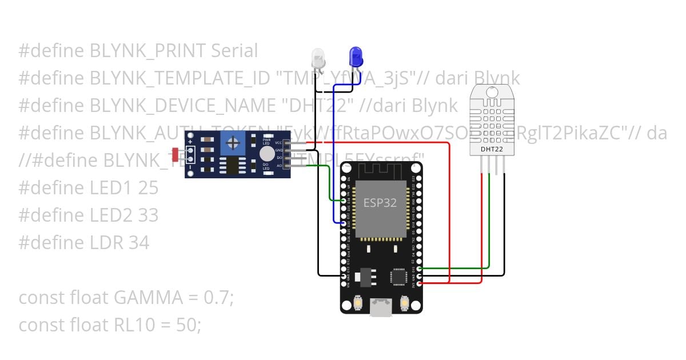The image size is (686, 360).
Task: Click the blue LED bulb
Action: click(356, 57)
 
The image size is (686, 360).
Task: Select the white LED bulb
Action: click(318, 58)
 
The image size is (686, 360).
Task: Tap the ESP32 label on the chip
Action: click(380, 203)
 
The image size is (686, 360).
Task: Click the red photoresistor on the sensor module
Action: click(175, 154)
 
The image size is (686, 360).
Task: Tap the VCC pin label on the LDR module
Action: click(279, 142)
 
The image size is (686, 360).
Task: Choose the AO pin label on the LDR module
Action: click(279, 166)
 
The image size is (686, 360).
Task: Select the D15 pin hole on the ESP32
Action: click(420, 268)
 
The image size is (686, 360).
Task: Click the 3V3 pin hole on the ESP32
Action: click(420, 282)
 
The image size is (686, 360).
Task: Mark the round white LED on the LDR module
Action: click(266, 153)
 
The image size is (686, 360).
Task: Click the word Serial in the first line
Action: click(234, 51)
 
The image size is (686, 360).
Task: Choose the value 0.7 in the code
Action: click(217, 298)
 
